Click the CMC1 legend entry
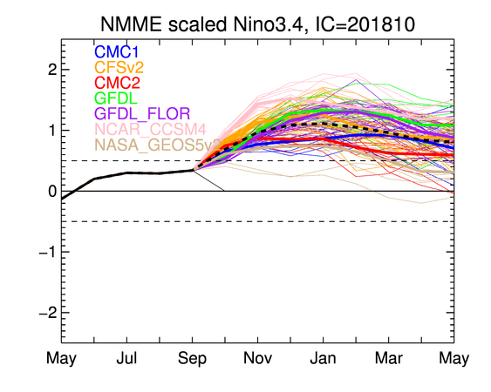click(116, 52)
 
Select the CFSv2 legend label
click(119, 67)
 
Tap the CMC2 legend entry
click(117, 83)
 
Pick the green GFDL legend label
click(116, 98)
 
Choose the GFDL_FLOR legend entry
click(142, 113)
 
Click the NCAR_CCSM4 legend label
click(150, 129)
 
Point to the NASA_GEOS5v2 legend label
click(158, 145)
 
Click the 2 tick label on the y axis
click(52, 70)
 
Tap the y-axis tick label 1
click(53, 131)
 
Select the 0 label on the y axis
click(52, 191)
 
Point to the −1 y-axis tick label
click(48, 252)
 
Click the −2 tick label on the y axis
click(48, 313)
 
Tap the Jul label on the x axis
click(126, 358)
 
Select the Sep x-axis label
click(192, 359)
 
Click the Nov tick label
click(258, 358)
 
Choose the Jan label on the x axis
click(324, 358)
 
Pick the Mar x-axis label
click(389, 358)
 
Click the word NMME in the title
click(131, 24)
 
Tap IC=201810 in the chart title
click(365, 24)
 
